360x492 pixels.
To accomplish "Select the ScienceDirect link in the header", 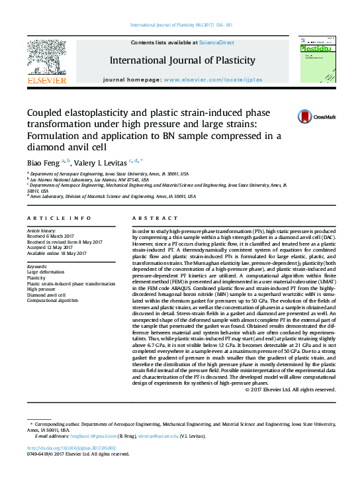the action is (x=216, y=42).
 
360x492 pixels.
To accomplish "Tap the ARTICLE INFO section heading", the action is (x=59, y=218).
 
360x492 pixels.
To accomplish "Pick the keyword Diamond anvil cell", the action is (x=46, y=295).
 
